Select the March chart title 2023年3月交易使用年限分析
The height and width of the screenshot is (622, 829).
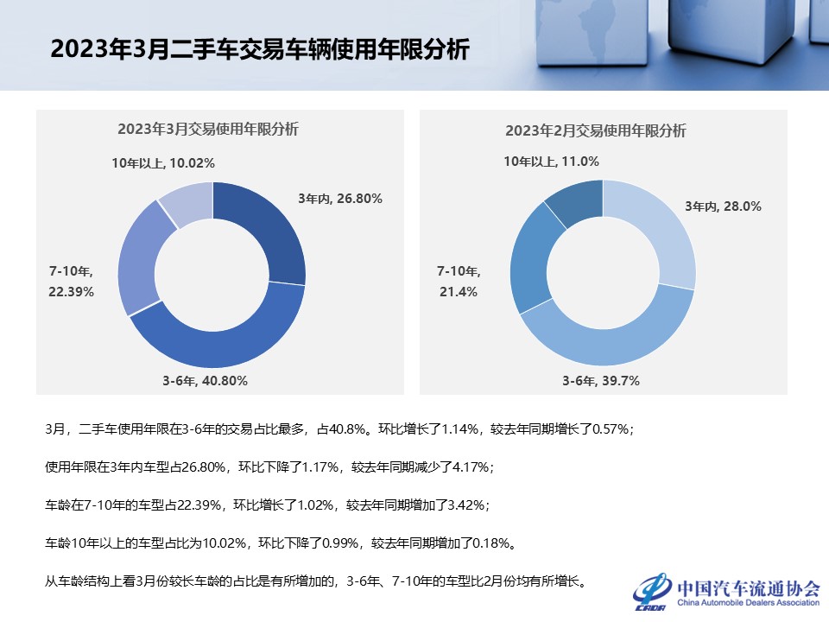pos(207,130)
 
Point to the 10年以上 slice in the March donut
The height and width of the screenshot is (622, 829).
pos(187,202)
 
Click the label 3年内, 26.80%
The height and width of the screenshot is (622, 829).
pos(340,199)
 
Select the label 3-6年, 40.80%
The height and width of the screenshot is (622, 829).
pos(206,380)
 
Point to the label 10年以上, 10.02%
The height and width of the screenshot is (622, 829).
pos(163,162)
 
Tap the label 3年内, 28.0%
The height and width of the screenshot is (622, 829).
pos(723,206)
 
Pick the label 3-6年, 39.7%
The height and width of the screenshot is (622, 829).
pos(601,381)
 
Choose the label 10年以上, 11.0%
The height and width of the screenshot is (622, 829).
pos(551,162)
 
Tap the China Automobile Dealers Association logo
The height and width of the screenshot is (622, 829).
pos(726,591)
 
